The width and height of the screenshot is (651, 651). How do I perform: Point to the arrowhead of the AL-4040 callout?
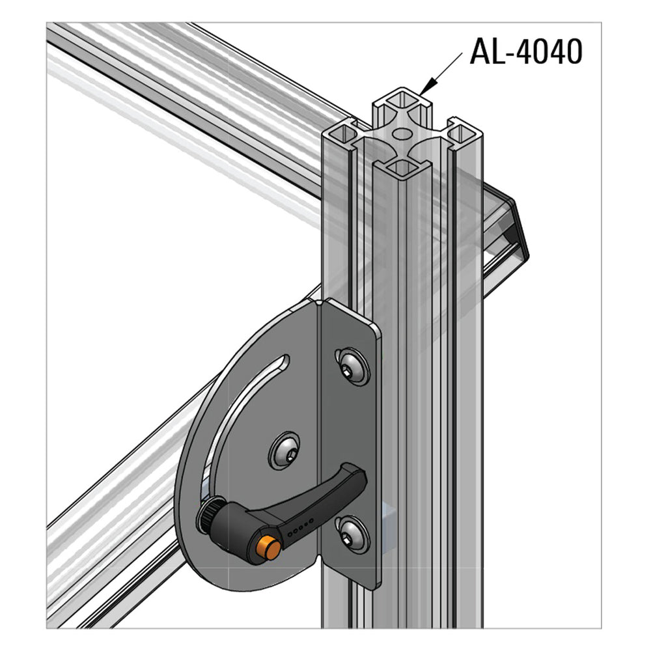pos(425,90)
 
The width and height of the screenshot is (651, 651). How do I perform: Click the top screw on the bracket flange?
pos(353,366)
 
